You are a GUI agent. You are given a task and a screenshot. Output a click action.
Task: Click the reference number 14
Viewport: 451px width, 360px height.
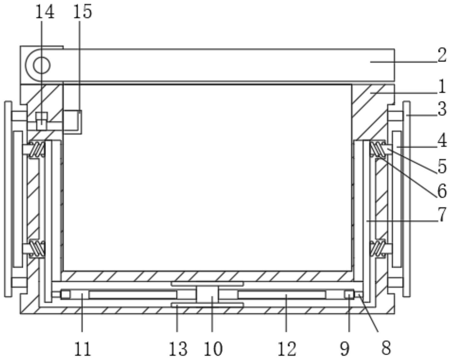coord(45,12)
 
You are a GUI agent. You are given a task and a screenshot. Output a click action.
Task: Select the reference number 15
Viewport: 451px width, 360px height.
coord(82,12)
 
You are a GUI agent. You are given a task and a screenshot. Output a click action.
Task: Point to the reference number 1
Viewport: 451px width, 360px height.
coord(442,87)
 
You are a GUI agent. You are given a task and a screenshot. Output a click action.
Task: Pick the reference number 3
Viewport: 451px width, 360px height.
coord(442,109)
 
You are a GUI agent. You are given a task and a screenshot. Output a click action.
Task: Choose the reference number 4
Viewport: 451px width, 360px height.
coord(442,141)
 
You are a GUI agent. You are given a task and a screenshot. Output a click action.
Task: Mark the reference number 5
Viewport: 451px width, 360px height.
coord(442,167)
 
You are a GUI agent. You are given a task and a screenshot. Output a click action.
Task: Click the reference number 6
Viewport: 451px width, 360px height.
coord(442,191)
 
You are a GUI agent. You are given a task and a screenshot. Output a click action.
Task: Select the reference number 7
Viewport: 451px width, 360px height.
coord(442,215)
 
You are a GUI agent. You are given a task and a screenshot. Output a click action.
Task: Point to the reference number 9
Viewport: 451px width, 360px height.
coord(345,348)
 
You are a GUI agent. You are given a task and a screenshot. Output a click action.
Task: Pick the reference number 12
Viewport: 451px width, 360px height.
coord(287,348)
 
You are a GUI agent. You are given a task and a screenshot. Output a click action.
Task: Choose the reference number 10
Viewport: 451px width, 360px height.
coord(214,348)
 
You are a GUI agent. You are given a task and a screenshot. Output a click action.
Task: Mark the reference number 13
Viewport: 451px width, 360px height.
coord(178,348)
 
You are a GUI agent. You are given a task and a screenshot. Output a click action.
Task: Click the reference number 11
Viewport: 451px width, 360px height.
coord(82,348)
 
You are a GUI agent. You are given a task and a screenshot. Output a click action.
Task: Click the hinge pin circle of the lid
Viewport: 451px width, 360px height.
coord(41,65)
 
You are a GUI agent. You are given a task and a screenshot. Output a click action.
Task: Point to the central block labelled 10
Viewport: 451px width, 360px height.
coord(207,294)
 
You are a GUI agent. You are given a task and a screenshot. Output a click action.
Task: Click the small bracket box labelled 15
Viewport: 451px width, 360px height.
coord(72,122)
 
